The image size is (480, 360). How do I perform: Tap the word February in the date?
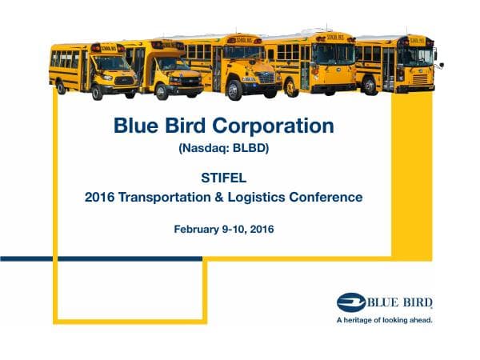(x=200, y=230)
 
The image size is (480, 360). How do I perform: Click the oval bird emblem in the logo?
(x=351, y=302)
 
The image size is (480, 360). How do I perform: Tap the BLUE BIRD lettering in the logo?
(x=400, y=302)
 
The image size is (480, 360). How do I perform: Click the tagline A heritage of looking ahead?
(x=384, y=319)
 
